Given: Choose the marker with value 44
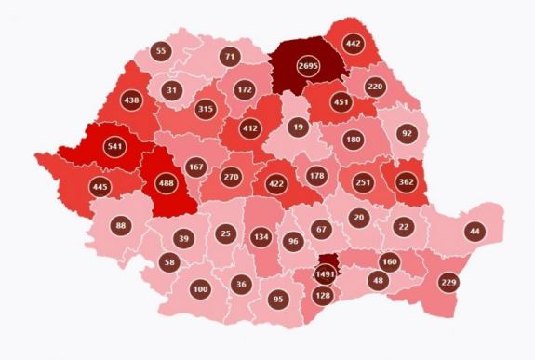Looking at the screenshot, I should point(475,230).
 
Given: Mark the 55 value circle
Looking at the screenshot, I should point(162,52).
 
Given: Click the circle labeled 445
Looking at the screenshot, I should point(101,188).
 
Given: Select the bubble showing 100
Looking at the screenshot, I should point(200,289).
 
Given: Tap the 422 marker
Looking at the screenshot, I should point(276,183).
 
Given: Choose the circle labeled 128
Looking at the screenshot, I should point(323,295).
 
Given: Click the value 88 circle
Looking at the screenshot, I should point(121,225).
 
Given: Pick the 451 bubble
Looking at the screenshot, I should point(341,102).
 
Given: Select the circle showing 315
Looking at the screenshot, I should point(207,110).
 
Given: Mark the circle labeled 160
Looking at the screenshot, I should point(389,262).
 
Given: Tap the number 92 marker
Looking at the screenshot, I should point(406,133).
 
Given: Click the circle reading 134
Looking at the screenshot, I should point(261,237).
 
